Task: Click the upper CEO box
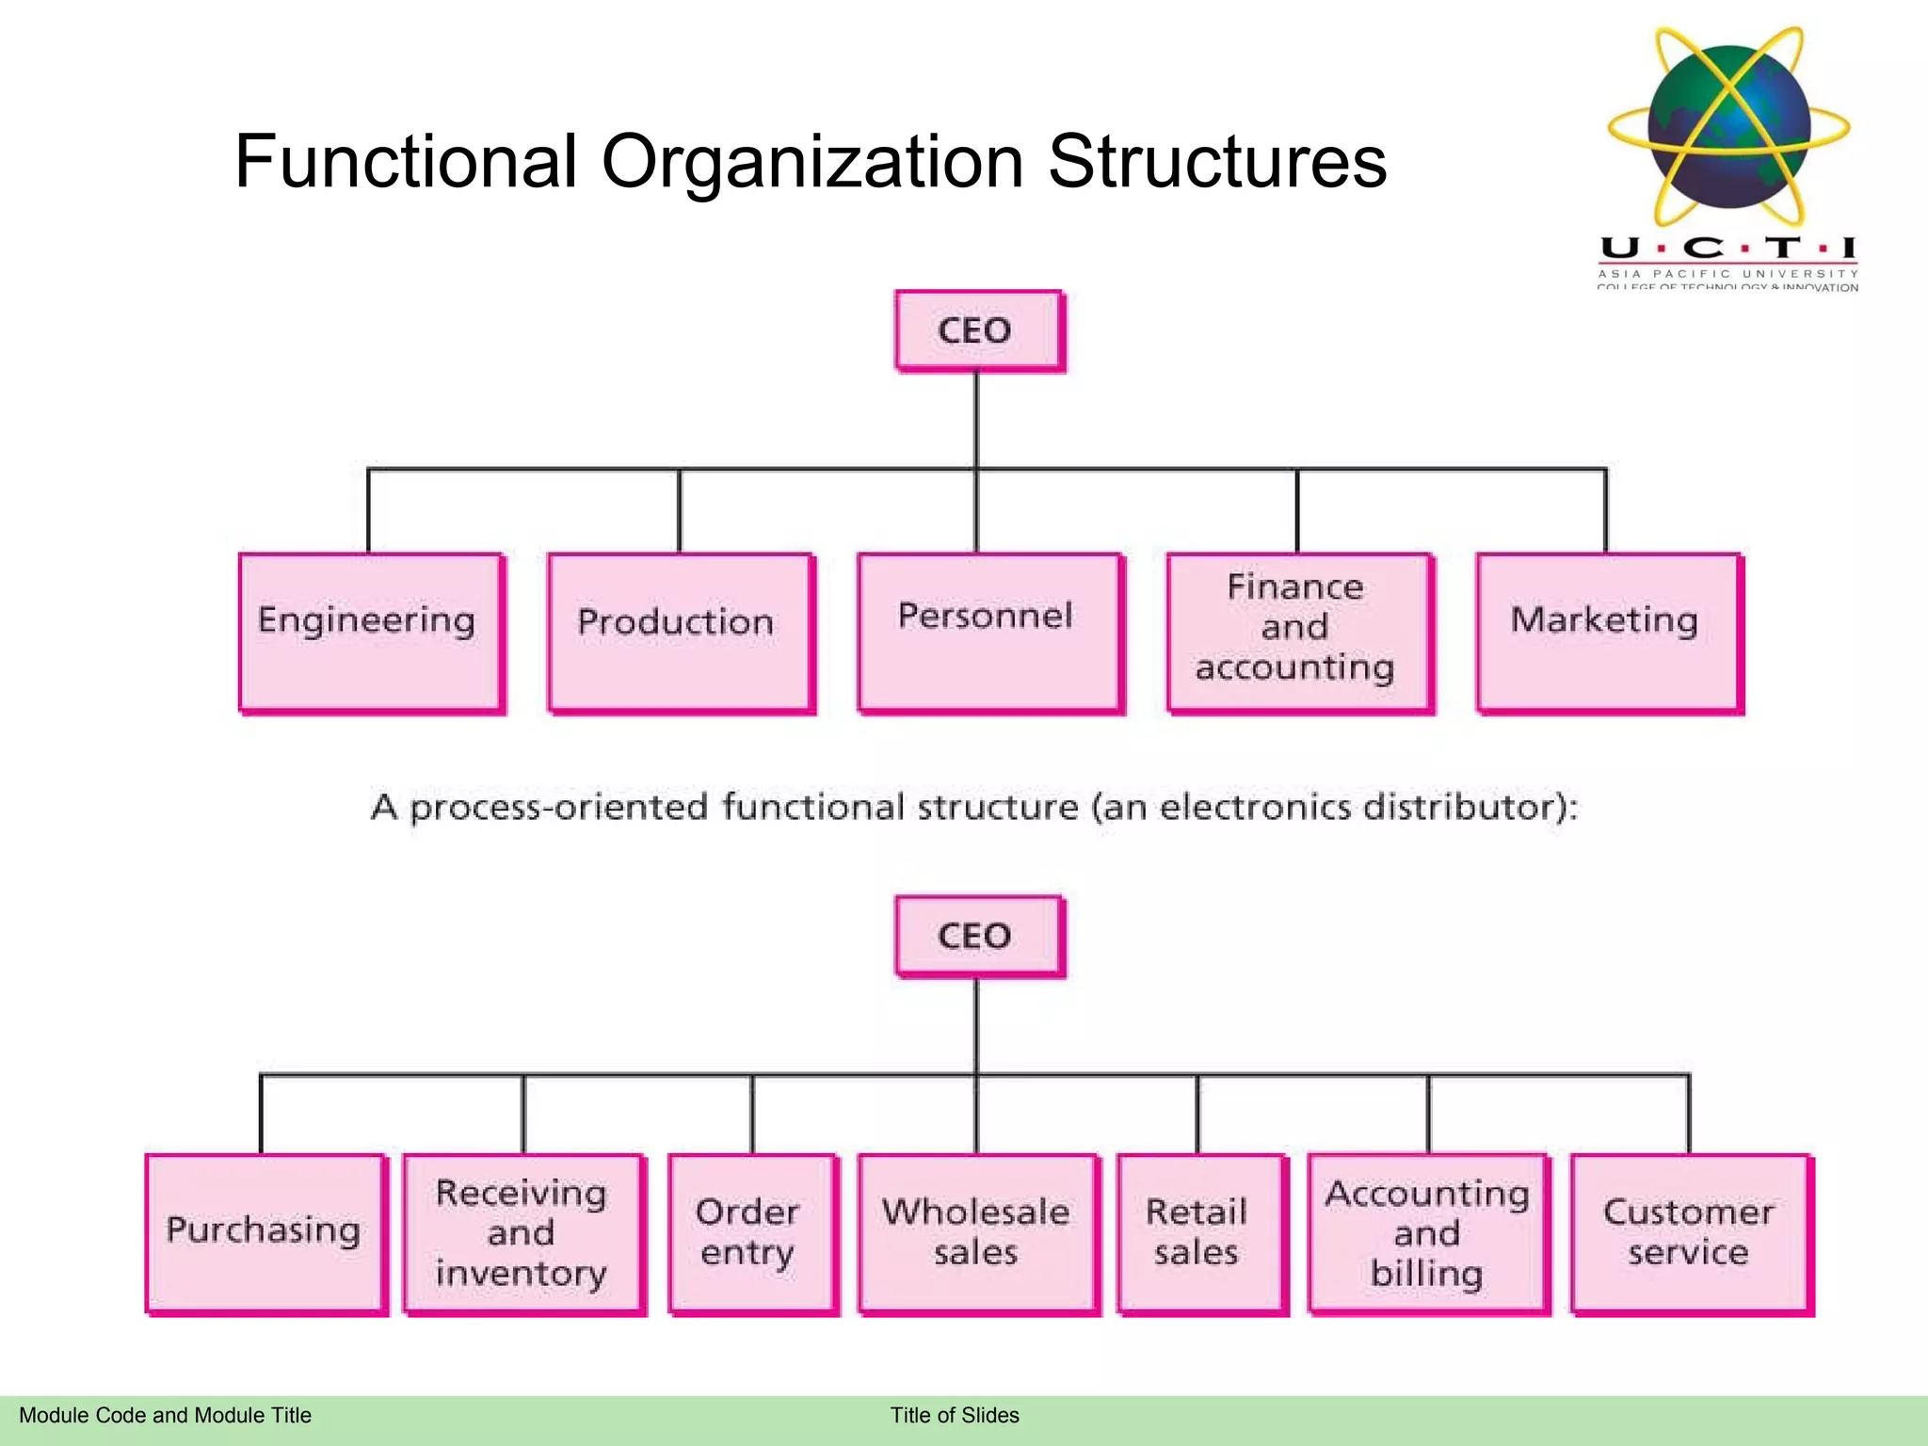tap(978, 330)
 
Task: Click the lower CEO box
tap(978, 936)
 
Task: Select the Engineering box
tap(371, 632)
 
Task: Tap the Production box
tap(680, 632)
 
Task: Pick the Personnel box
tap(989, 632)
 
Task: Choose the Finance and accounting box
tap(1298, 632)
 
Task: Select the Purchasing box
tap(265, 1232)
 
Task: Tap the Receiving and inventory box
tap(523, 1232)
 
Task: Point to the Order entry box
tap(751, 1232)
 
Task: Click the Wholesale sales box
tap(977, 1232)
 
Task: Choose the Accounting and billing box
tap(1427, 1232)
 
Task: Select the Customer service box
tap(1690, 1232)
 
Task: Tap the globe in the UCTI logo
tap(1729, 127)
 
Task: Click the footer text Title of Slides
tap(955, 1415)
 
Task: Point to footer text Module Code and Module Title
tap(165, 1415)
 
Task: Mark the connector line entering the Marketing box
tap(1606, 513)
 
